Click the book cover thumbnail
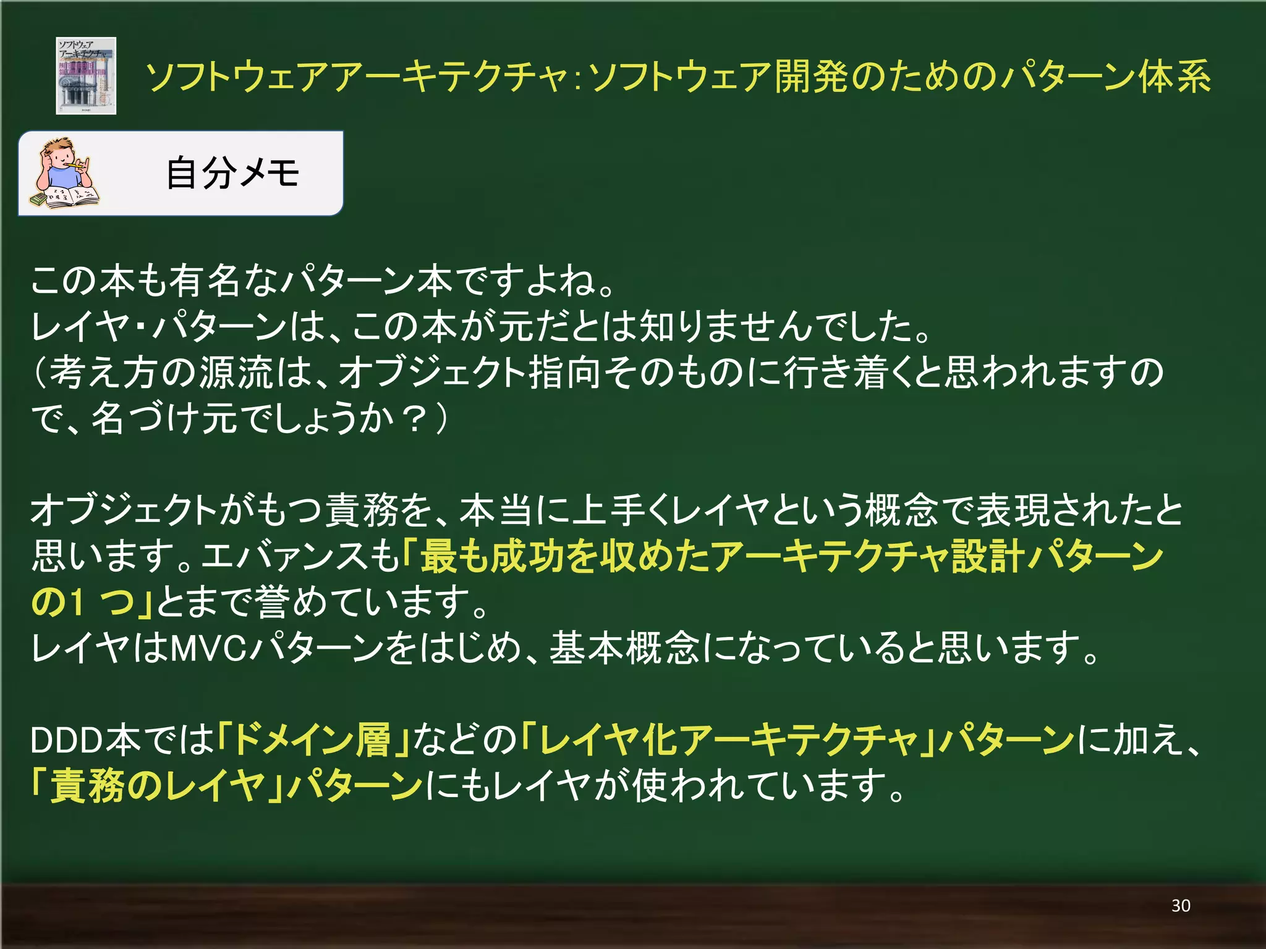click(x=86, y=76)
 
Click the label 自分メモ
click(x=232, y=173)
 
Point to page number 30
click(x=1181, y=906)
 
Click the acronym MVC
click(x=208, y=648)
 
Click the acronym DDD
click(x=67, y=740)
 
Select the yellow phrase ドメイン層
click(x=312, y=740)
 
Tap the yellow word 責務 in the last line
click(x=87, y=786)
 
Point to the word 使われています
click(x=767, y=786)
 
